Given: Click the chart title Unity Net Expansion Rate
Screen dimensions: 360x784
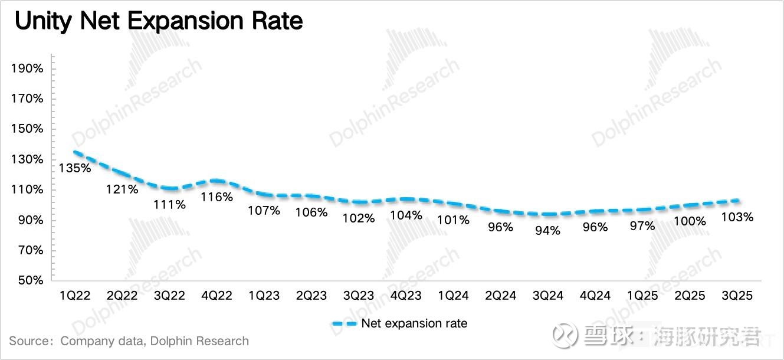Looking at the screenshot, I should point(159,22).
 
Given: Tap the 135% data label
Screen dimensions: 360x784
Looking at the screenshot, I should point(75,168).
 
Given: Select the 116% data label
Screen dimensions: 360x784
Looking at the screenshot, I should point(217,197).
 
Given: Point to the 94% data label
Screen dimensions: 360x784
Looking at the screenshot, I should point(547,231).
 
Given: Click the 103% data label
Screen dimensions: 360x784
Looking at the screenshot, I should point(737,217).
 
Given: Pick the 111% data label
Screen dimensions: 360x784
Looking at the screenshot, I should point(170,205).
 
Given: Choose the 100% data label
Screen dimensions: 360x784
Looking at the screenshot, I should point(690,221).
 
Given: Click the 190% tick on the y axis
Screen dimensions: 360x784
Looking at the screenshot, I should point(27,68).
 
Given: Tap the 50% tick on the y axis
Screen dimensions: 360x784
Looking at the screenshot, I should point(30,280).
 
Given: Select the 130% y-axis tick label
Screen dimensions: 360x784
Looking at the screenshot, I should point(27,159).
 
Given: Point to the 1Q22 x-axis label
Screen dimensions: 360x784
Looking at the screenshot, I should point(75,296).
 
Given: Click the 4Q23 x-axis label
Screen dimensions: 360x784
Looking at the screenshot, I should point(406,296).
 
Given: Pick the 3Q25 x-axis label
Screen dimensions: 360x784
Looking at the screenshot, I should point(737,296).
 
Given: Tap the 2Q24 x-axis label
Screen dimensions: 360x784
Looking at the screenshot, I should point(500,296).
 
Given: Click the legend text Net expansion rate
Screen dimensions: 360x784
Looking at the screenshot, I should point(414,323).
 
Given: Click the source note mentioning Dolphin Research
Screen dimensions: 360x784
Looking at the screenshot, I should point(129,341).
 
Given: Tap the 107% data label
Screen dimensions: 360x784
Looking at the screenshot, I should point(264,210).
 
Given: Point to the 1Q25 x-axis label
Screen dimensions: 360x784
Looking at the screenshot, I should point(642,296).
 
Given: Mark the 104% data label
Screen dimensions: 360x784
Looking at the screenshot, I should point(406,215).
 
